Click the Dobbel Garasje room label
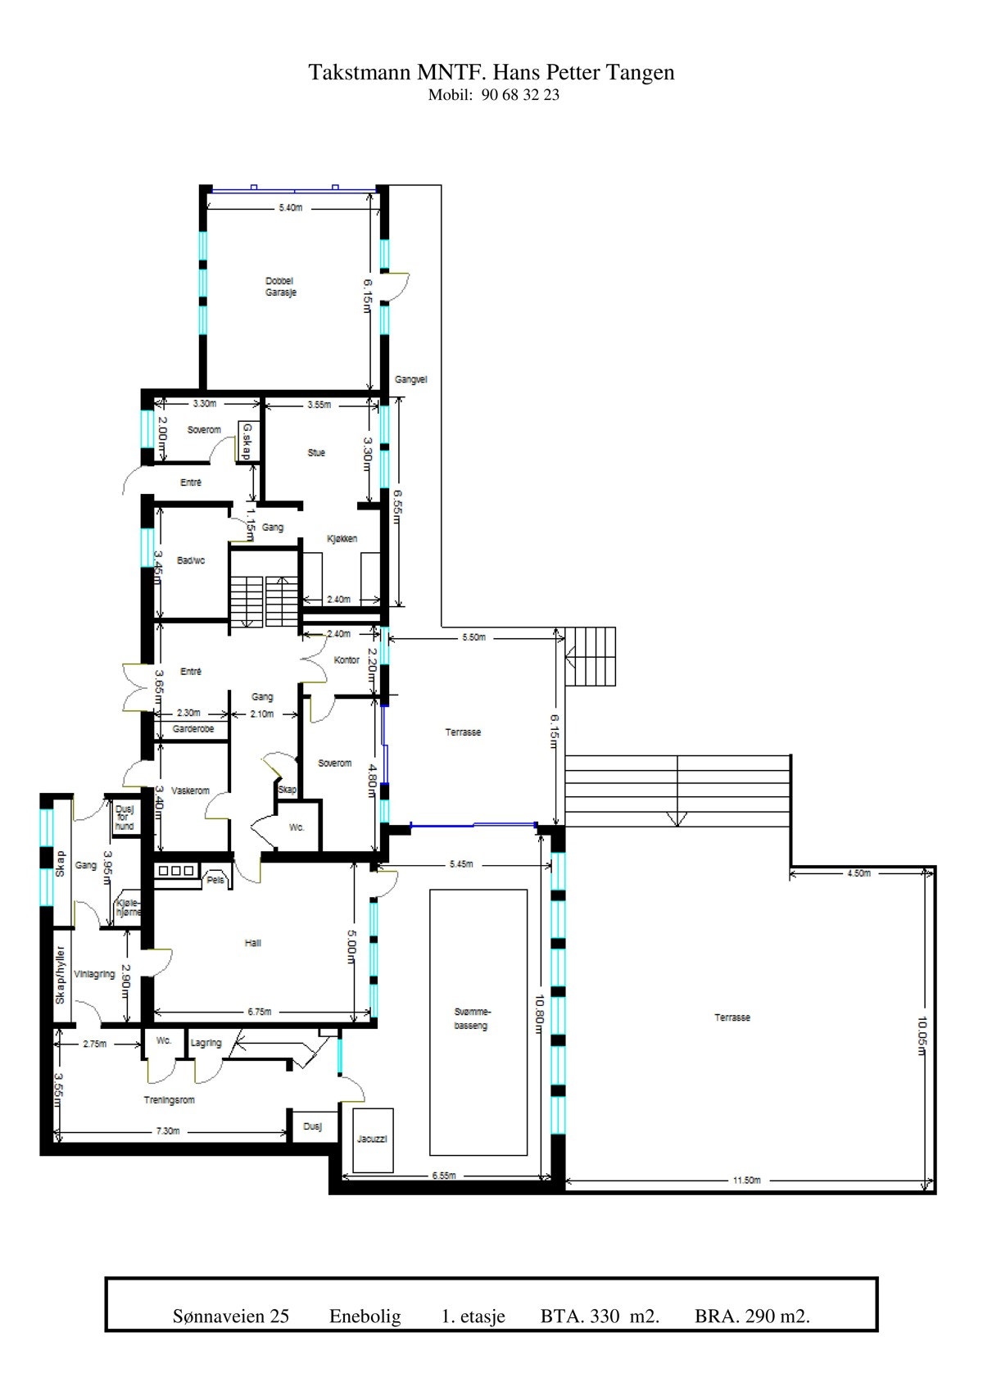point(280,287)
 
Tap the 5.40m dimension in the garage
point(290,208)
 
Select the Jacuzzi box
point(372,1140)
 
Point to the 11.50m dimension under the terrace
point(746,1180)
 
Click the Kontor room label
point(347,660)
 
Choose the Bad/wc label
point(191,560)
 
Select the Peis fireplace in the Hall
point(215,880)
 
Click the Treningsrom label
point(170,1100)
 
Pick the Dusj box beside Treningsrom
point(312,1126)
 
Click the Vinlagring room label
point(94,975)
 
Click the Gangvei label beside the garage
point(410,380)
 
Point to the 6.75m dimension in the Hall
point(259,1012)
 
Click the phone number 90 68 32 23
point(521,94)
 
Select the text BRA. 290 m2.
point(752,1316)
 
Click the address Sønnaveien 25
point(231,1316)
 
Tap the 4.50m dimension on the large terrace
point(858,873)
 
